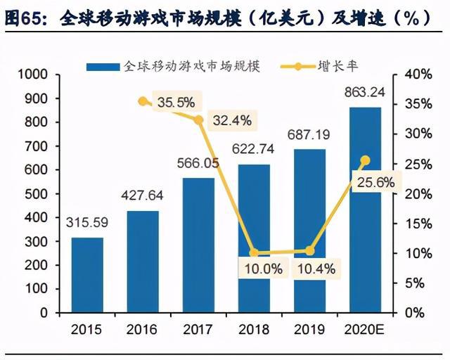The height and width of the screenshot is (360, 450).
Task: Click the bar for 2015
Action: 88,275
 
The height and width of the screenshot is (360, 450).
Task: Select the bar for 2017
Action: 199,245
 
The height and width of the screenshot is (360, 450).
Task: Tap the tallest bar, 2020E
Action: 364,210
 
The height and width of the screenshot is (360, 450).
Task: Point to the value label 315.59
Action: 88,223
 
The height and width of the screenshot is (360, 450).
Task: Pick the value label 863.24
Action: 364,93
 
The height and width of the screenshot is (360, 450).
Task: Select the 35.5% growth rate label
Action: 176,103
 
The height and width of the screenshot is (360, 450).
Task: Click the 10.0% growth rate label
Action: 264,268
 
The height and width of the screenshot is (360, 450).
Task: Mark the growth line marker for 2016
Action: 143,101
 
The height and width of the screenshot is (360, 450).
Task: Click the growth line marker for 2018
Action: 254,253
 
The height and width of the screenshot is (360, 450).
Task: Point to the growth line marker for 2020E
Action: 364,160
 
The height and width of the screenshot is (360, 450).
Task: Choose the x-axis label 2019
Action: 309,329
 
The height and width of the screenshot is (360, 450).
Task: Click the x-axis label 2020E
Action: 364,329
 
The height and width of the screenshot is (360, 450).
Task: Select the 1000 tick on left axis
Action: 33,75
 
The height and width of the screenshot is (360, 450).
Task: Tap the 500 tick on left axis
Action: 37,193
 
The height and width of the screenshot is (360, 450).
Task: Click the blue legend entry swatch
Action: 103,67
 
